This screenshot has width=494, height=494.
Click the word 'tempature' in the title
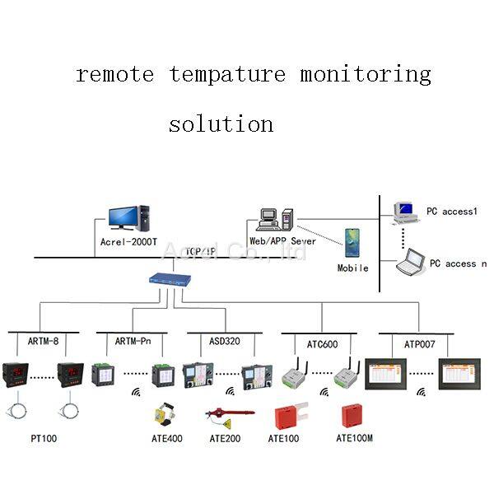point(228,74)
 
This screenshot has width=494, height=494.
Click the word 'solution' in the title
point(221,124)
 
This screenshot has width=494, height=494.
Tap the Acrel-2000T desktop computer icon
point(128,217)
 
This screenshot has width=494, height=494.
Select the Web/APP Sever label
point(281,240)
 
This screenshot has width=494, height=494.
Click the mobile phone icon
point(352,242)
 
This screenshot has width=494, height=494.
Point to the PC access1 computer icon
point(405,212)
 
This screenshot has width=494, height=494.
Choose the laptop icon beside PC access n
point(409,263)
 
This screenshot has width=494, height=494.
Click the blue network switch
point(170,279)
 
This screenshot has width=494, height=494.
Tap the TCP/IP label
point(201,251)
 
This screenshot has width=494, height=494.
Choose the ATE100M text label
point(355,439)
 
